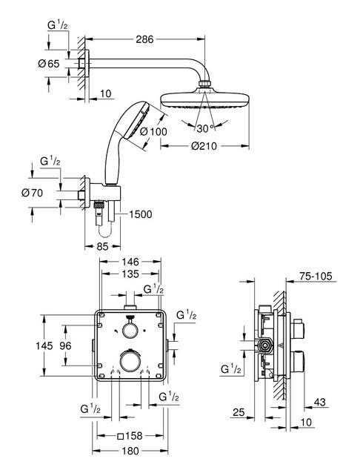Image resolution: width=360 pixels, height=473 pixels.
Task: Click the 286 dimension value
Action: coord(144,39)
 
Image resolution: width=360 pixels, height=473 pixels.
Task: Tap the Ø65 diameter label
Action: coord(49,64)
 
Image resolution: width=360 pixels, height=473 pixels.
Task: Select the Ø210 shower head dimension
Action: coord(204,146)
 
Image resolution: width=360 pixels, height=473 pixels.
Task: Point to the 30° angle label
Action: coord(205,128)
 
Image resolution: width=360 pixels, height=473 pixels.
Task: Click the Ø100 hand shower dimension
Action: coord(154,131)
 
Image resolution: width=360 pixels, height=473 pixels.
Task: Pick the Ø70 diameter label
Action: coord(33,193)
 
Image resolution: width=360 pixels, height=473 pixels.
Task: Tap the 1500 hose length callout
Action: coord(141,214)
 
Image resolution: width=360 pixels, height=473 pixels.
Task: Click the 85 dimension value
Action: coord(102,246)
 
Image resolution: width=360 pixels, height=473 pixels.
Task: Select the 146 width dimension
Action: coord(130,262)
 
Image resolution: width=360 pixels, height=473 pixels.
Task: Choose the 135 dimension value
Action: coord(130,274)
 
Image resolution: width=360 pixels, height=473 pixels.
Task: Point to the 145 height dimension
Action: coord(44,345)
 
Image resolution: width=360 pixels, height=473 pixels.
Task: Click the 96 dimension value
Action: coord(65,345)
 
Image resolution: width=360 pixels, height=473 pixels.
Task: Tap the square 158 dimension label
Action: coord(130,436)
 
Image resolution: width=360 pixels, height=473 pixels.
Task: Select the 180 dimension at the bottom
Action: coord(130,451)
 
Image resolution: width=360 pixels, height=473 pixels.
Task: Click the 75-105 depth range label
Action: coord(316,276)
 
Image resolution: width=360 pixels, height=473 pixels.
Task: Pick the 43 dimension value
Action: coord(319,402)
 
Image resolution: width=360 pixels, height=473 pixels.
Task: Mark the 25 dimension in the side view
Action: coord(239,412)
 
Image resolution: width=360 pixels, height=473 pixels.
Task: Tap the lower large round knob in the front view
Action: coord(130,361)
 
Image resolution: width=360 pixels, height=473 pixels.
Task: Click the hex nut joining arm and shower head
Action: coord(204,83)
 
